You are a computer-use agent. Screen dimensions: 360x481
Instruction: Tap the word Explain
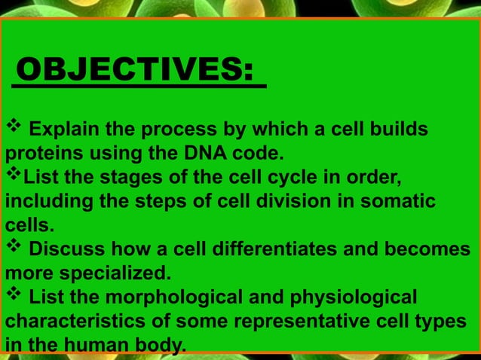(x=61, y=133)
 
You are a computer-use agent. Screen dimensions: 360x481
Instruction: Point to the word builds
(x=392, y=133)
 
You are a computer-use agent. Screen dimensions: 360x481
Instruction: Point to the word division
(x=273, y=202)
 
